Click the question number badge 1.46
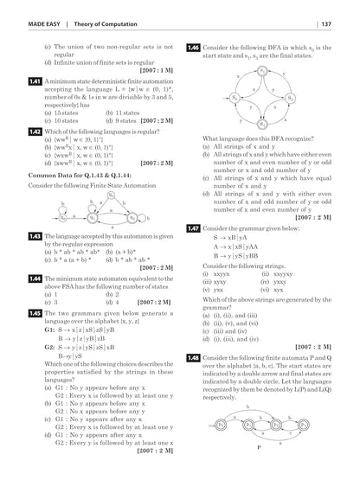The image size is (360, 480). click(x=193, y=47)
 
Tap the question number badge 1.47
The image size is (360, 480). click(x=193, y=227)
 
